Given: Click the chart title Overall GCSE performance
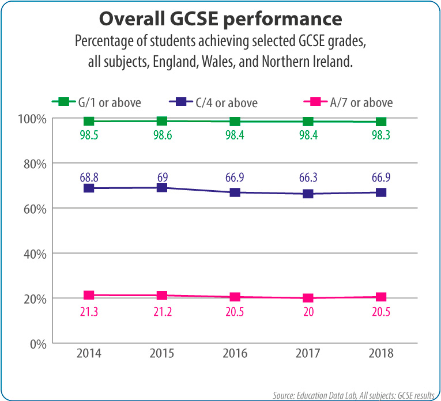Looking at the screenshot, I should click(x=221, y=18).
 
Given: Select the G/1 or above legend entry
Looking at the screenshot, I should click(x=96, y=103).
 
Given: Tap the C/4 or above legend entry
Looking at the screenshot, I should click(x=213, y=103).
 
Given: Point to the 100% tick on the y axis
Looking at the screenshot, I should click(x=33, y=119).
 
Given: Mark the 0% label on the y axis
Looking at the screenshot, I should click(x=39, y=343).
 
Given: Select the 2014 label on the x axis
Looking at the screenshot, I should click(x=89, y=353).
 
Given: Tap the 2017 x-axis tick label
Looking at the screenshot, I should click(x=308, y=353).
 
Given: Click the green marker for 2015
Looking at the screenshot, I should click(x=162, y=121).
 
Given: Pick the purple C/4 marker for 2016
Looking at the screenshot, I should click(x=235, y=192).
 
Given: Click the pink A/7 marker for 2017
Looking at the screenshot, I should click(x=308, y=298).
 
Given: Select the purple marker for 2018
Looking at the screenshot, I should click(x=381, y=192).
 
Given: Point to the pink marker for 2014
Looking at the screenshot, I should click(x=89, y=295).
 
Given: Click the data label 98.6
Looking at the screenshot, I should click(x=162, y=137).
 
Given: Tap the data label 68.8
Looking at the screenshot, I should click(x=89, y=174).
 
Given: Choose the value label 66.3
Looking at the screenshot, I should click(x=308, y=174).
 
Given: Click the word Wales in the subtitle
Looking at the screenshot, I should click(x=216, y=62).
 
